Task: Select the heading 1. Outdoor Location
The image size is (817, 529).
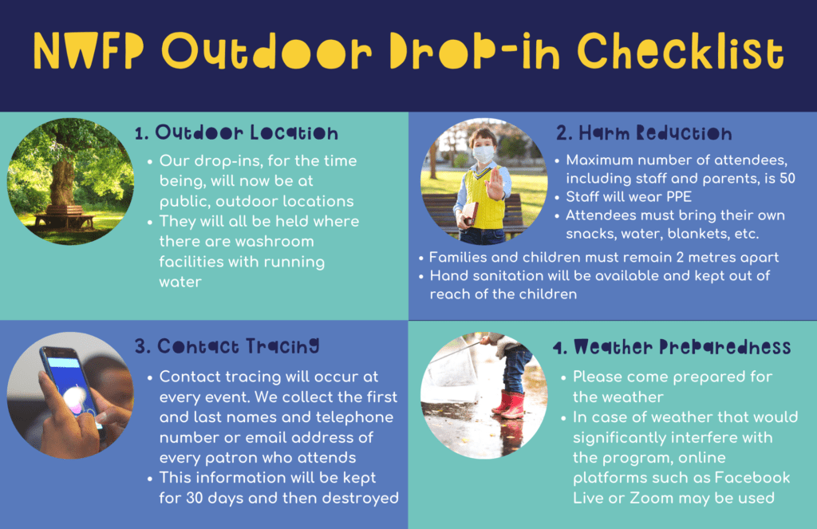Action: [x=236, y=132]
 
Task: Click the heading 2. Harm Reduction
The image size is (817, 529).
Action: [x=644, y=133]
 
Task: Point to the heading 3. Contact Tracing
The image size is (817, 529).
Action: [x=227, y=346]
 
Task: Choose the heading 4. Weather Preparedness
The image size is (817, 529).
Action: [x=672, y=346]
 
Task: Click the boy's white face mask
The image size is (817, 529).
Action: [x=483, y=154]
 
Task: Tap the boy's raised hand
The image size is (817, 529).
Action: [x=498, y=183]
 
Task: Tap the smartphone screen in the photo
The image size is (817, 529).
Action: [x=73, y=385]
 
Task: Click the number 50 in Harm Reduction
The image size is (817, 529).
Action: [x=787, y=178]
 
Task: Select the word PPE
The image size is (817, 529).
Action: [x=679, y=196]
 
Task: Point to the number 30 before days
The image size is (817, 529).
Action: [x=195, y=498]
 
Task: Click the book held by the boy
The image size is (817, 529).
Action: [x=468, y=214]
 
